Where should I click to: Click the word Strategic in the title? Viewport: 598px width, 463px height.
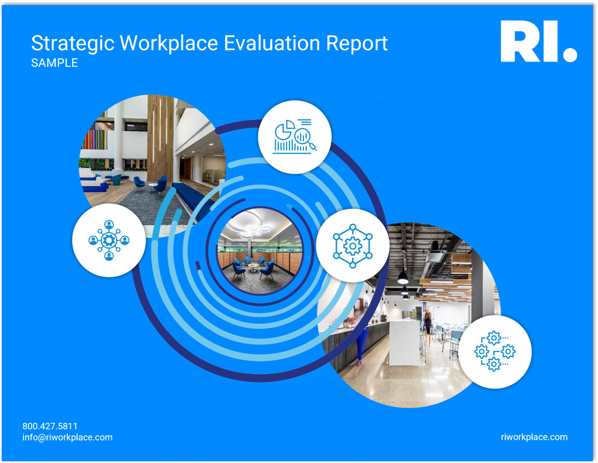(x=72, y=44)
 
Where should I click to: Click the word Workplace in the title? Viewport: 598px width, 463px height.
(x=169, y=43)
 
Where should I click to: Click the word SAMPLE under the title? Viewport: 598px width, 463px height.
(x=54, y=63)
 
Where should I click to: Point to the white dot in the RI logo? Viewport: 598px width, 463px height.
(x=570, y=54)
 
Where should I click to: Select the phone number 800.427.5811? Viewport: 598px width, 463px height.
(x=50, y=426)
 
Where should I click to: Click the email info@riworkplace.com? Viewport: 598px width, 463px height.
(x=68, y=437)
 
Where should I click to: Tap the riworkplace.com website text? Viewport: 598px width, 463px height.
(x=534, y=437)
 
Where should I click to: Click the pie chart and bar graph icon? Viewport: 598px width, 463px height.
(x=294, y=137)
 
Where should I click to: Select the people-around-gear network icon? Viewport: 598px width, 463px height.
(x=109, y=240)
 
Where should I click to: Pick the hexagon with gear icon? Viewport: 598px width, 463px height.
(x=353, y=246)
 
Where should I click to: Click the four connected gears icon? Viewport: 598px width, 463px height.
(x=494, y=351)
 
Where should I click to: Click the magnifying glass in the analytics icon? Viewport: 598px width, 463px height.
(x=305, y=139)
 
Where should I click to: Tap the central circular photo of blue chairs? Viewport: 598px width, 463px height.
(x=261, y=251)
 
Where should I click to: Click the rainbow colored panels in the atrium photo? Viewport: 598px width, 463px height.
(x=94, y=139)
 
